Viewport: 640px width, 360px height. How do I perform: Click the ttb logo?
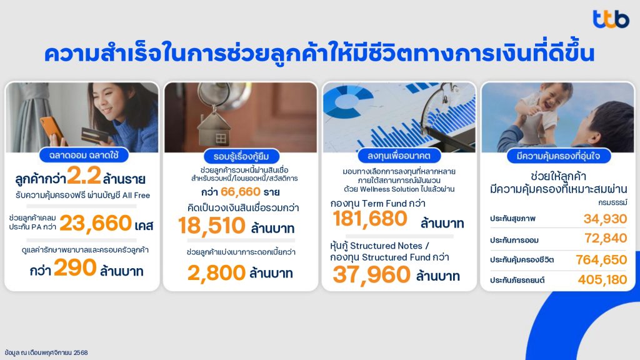[x=611, y=19]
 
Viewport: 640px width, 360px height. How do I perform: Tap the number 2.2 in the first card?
[x=84, y=176]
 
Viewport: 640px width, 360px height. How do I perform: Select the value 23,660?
[x=96, y=223]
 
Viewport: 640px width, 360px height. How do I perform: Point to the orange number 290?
[x=75, y=267]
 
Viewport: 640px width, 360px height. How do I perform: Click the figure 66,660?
[x=241, y=192]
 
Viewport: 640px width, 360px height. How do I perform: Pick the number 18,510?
[x=212, y=226]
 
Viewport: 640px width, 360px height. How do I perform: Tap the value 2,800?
[x=216, y=273]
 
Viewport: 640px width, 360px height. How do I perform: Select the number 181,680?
[x=370, y=219]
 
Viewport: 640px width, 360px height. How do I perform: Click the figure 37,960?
[x=371, y=274]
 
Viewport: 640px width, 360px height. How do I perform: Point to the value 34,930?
[x=605, y=219]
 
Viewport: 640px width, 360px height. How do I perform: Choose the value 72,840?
[x=606, y=238]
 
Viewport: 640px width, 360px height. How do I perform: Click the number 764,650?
[x=601, y=259]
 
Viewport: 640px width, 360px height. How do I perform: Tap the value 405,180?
[x=602, y=279]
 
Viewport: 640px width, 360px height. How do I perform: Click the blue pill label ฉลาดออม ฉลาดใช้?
[x=84, y=155]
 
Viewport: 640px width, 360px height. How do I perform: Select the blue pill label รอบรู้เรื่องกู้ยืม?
[x=241, y=156]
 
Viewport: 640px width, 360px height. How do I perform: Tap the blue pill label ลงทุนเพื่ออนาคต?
[x=399, y=156]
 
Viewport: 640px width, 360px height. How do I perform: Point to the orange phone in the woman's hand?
[x=51, y=131]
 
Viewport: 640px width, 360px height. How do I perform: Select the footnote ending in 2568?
[x=46, y=352]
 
